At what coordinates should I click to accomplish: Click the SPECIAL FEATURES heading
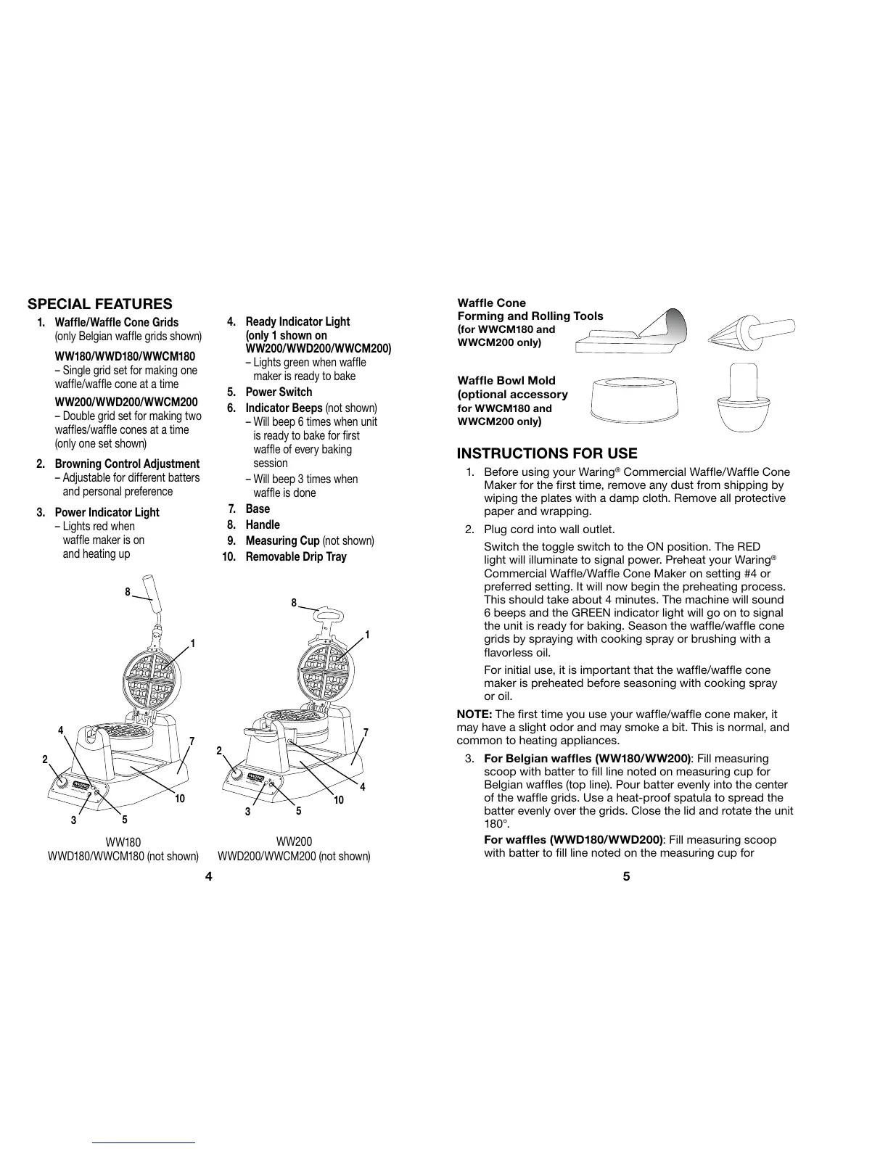pos(99,304)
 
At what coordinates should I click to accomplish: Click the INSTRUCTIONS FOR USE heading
pos(547,453)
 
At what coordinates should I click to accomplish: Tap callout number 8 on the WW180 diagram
pos(127,592)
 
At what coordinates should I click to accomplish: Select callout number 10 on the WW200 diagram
pos(338,799)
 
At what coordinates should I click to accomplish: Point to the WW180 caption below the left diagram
pos(123,841)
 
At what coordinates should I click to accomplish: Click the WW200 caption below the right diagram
pos(294,841)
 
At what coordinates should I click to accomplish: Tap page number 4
pos(208,876)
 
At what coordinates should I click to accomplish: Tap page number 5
pos(627,876)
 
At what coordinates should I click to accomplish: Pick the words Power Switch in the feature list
pos(279,392)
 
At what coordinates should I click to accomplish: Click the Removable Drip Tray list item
pos(296,556)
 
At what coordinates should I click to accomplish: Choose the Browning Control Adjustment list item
pos(127,464)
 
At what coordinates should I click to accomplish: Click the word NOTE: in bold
pos(474,714)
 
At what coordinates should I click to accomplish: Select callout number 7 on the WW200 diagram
pos(366,733)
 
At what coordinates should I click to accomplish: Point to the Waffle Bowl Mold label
pos(506,380)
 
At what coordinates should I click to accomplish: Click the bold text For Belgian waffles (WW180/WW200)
pos(587,759)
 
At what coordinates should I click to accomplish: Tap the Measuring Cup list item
pos(282,540)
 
